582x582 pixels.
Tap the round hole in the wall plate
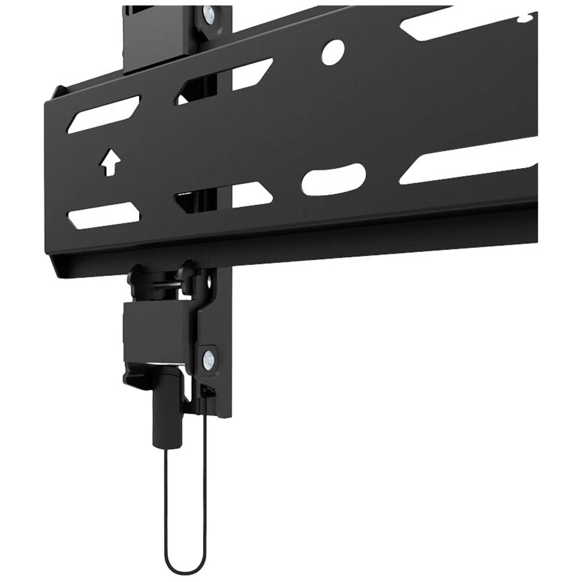click(x=333, y=52)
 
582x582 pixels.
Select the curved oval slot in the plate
click(x=333, y=179)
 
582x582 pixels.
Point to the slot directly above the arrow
click(x=104, y=115)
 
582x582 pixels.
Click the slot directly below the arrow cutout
click(x=104, y=215)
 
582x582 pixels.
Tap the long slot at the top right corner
click(x=466, y=23)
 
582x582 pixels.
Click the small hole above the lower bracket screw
click(x=210, y=283)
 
